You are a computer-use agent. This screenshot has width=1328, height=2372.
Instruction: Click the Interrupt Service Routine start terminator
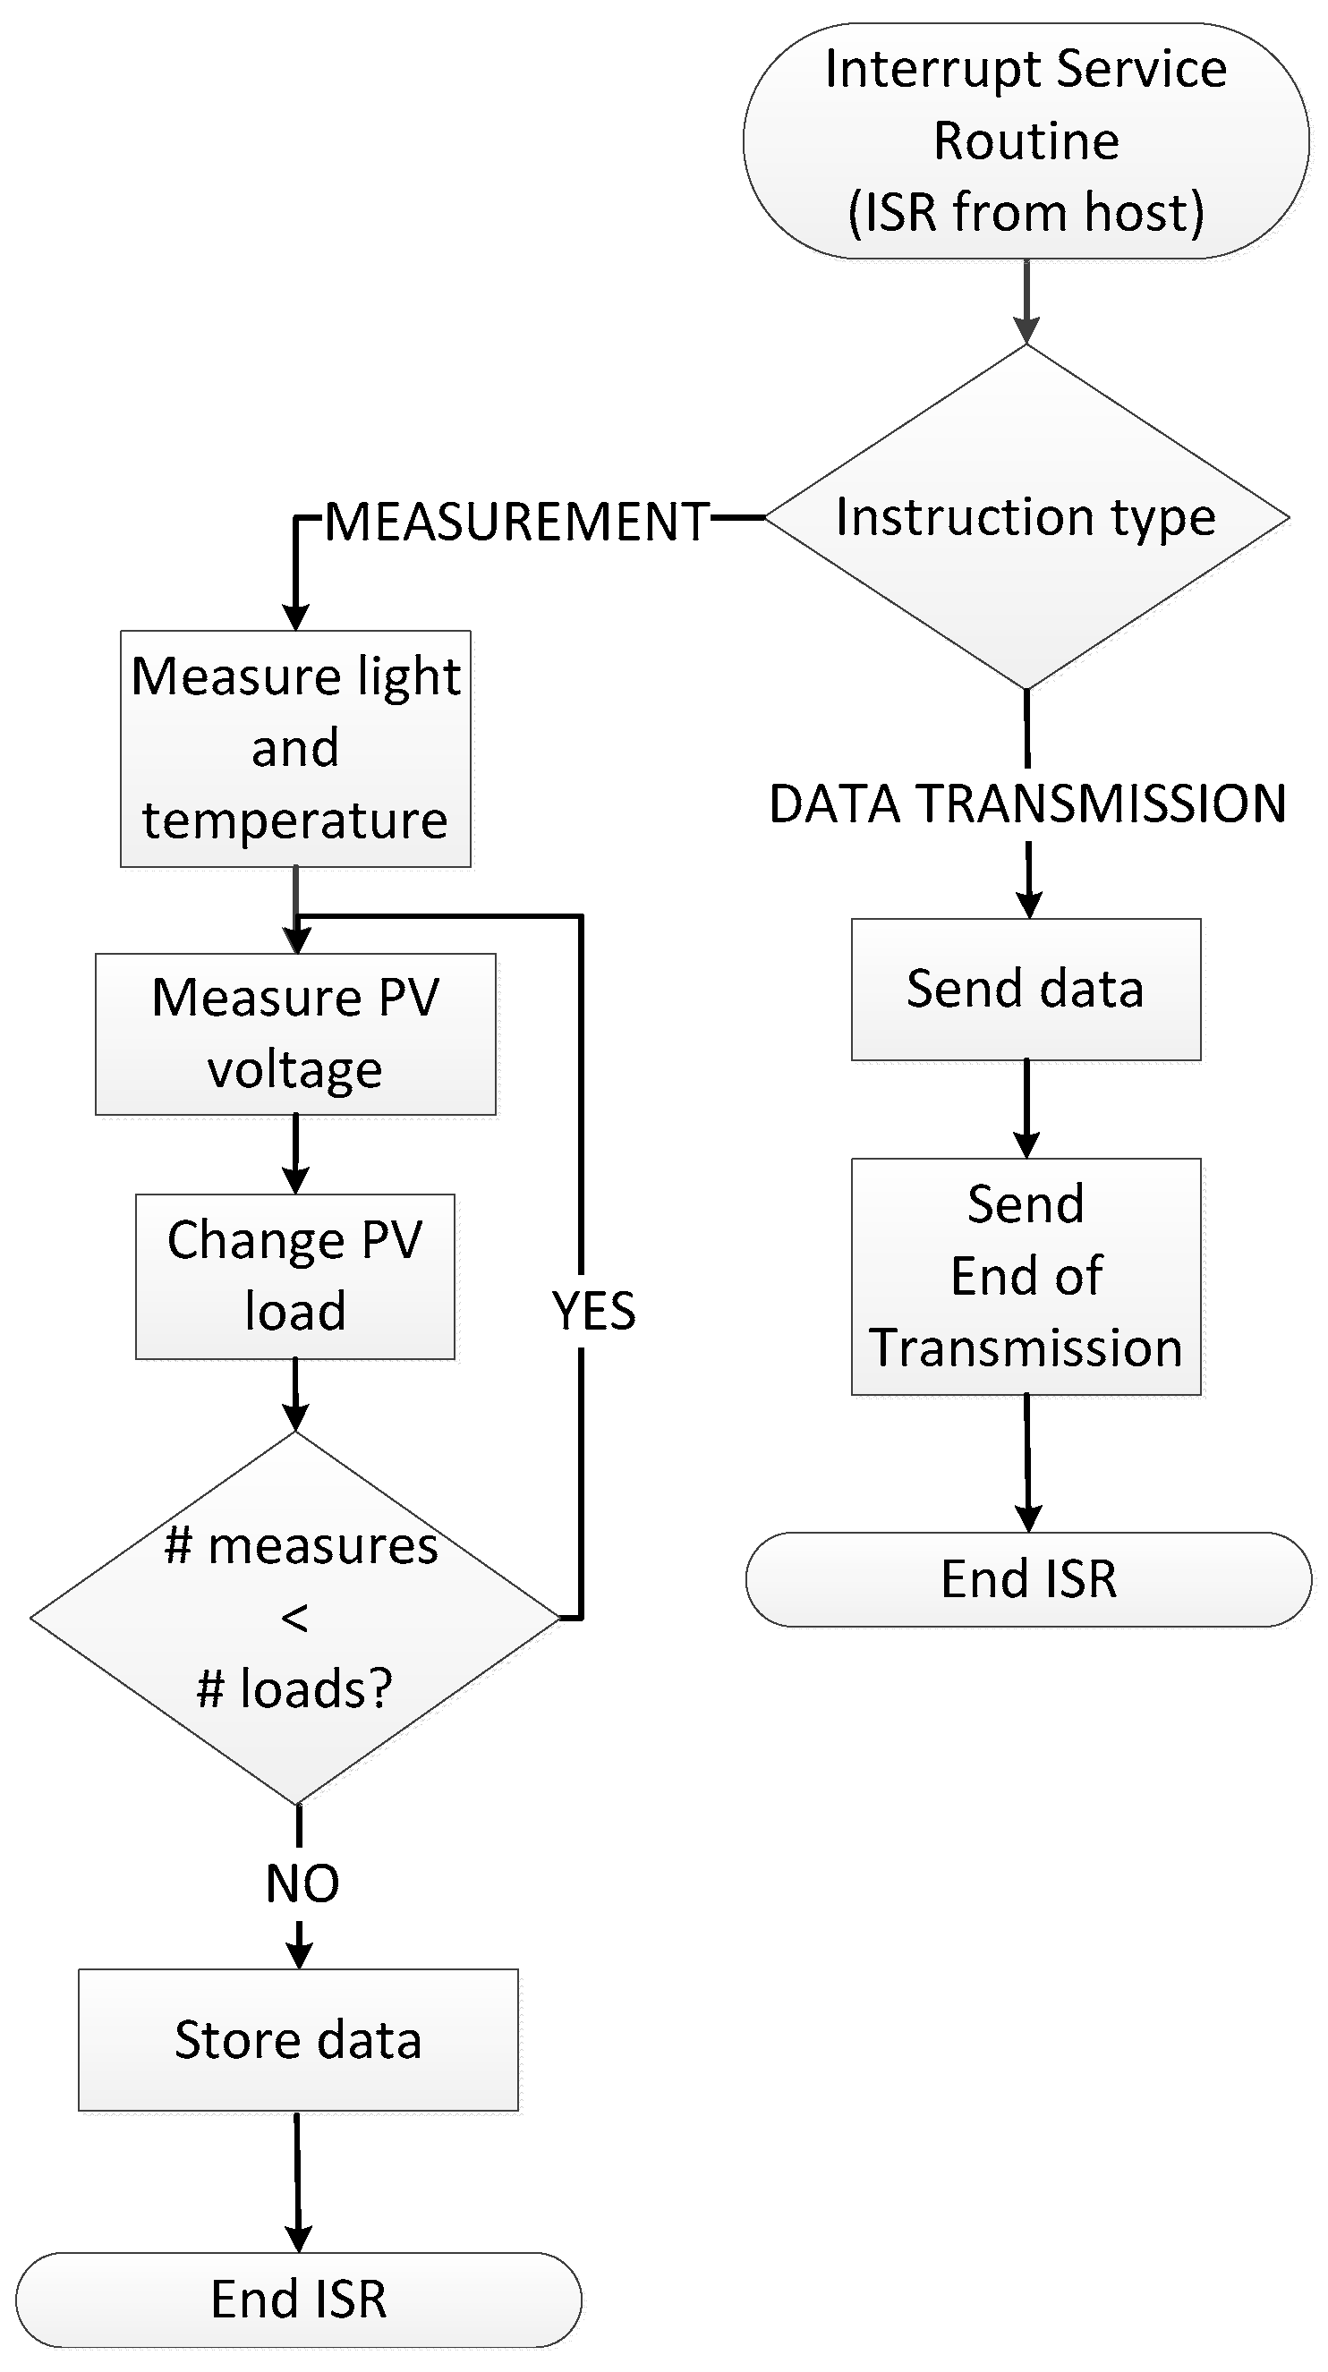[1025, 140]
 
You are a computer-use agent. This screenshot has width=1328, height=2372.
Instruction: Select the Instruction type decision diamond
[1025, 517]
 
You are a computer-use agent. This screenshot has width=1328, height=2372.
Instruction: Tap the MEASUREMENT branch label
[516, 523]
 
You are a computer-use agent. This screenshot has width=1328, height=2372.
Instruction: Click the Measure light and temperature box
[294, 748]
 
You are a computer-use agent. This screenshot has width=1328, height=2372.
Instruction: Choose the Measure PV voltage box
[294, 1033]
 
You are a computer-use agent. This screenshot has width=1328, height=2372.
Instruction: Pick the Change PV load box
[294, 1275]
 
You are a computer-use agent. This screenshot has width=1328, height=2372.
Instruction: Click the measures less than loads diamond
[294, 1618]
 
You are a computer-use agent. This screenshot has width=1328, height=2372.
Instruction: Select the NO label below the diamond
[302, 1883]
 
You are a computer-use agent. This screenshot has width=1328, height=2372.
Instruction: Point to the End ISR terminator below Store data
[297, 2300]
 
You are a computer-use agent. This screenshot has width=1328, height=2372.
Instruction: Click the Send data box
[1025, 989]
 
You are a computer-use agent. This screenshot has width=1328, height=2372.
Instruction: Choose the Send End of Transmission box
[1025, 1276]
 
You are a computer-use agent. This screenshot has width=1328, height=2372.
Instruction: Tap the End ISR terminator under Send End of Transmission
[1028, 1579]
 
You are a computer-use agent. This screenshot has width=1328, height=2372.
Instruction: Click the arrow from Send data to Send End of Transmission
[1026, 1109]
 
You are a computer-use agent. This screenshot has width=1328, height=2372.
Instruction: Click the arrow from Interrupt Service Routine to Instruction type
[1026, 302]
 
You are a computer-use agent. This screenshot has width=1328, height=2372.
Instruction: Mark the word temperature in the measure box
[294, 820]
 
